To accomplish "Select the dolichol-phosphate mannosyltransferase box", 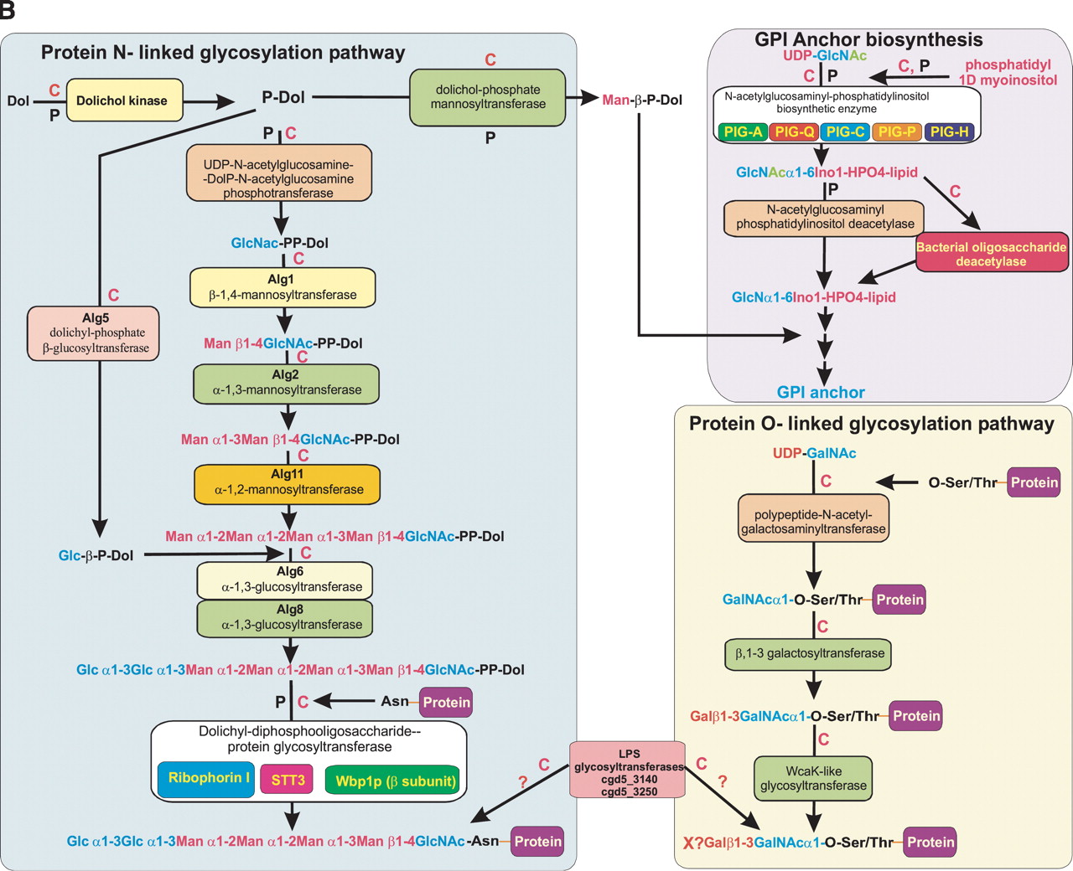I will (488, 97).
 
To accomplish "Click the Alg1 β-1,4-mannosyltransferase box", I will (283, 287).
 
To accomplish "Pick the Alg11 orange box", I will (287, 482).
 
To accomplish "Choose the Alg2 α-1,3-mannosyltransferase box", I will (287, 383).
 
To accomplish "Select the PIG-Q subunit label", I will (795, 131).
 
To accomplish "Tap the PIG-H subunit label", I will (949, 131).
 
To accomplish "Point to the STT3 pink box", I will (288, 781).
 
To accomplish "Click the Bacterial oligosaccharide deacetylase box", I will (991, 255).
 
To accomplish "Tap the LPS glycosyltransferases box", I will (629, 769).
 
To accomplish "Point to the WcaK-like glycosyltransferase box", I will (813, 779).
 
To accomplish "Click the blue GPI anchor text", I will (821, 392).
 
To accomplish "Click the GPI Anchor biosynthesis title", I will (868, 39).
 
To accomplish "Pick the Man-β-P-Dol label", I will (642, 100).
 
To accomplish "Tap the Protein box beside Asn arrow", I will (446, 703).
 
